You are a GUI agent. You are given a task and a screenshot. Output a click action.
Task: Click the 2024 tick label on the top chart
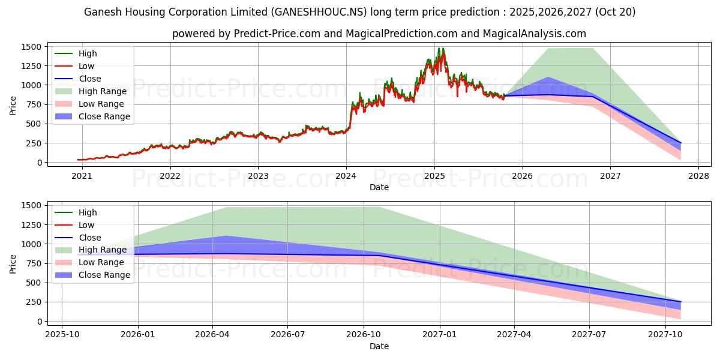tap(346, 177)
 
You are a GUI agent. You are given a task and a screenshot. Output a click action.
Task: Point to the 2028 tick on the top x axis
tap(698, 177)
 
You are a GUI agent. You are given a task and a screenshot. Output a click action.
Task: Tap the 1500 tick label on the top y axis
tap(31, 47)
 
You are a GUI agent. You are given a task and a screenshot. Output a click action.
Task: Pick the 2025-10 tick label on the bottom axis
tap(62, 336)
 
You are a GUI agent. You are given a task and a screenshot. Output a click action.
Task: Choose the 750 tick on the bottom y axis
tap(34, 263)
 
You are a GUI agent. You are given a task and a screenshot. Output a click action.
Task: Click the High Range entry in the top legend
tap(103, 91)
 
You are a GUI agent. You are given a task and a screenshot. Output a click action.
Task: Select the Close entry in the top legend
tap(90, 79)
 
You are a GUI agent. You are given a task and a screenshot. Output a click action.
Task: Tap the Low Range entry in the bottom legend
tap(101, 262)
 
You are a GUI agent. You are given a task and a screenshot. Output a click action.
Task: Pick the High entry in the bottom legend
tap(88, 212)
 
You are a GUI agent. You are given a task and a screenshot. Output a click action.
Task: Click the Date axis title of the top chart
tap(379, 187)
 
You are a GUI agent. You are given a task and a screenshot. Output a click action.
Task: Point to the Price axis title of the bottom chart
tap(13, 263)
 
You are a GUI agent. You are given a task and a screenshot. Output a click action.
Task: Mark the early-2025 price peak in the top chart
tap(441, 49)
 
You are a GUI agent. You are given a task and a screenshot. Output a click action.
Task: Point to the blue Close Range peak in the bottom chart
tap(226, 236)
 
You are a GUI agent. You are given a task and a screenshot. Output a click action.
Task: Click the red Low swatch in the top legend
tap(64, 66)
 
